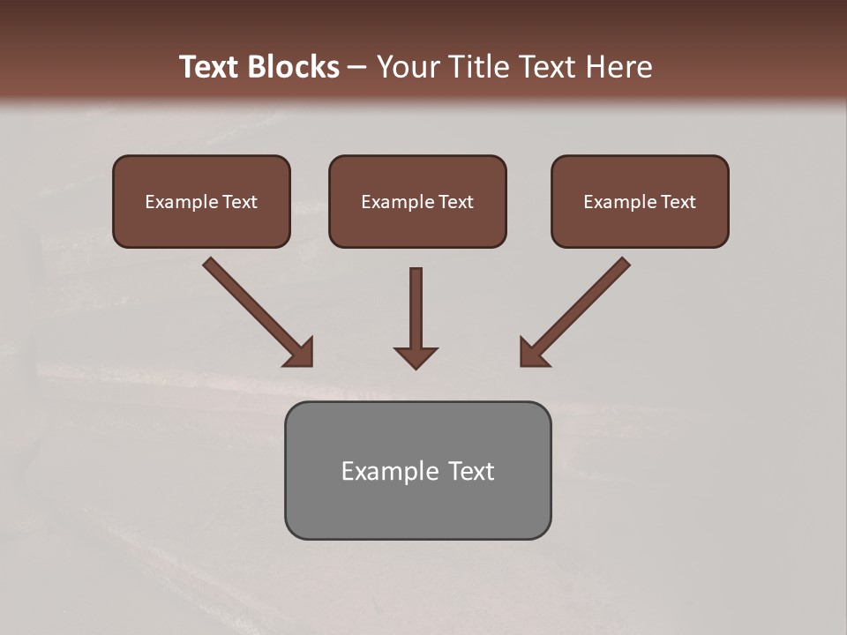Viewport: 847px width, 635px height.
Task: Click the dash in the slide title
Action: click(357, 68)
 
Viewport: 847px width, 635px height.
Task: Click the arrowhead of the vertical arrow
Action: click(416, 357)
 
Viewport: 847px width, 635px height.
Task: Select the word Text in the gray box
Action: click(470, 471)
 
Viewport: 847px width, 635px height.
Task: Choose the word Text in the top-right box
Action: click(678, 202)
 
